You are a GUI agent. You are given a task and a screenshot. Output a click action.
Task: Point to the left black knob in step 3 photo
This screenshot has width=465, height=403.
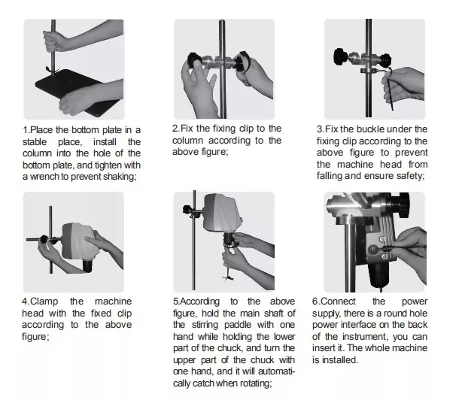pyautogui.click(x=341, y=56)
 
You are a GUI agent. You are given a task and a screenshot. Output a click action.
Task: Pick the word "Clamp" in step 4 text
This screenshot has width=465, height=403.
pyautogui.click(x=44, y=301)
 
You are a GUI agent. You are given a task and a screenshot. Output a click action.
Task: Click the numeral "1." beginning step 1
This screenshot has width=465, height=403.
pyautogui.click(x=26, y=130)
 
